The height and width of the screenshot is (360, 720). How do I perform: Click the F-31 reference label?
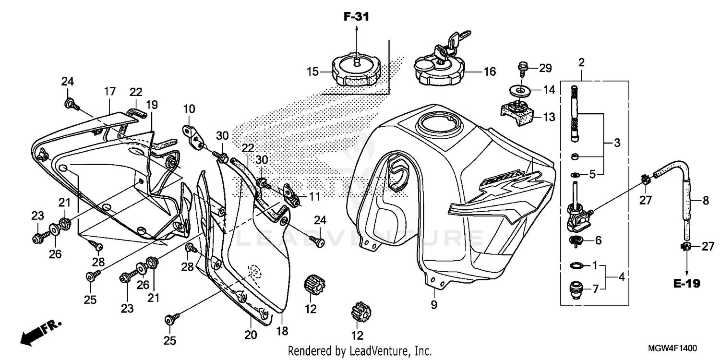pyautogui.click(x=356, y=17)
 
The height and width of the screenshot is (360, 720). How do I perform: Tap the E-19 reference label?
pyautogui.click(x=686, y=284)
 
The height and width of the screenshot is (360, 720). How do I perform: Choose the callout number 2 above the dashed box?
pyautogui.click(x=581, y=62)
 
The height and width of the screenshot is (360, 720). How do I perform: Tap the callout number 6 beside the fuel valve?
pyautogui.click(x=598, y=240)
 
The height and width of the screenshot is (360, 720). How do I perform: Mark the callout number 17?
pyautogui.click(x=109, y=90)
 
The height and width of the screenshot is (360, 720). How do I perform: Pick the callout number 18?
pyautogui.click(x=282, y=331)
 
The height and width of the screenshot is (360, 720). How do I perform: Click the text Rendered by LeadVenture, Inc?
pyautogui.click(x=360, y=351)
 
